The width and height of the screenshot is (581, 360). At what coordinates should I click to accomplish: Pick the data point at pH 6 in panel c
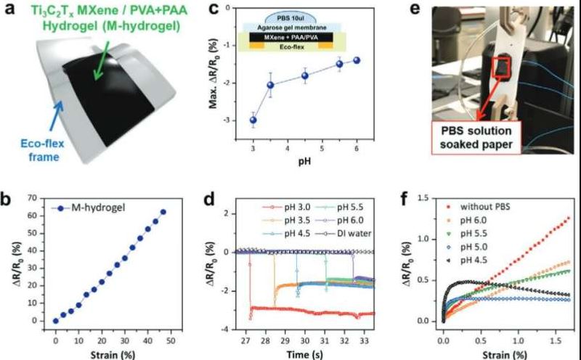pyautogui.click(x=357, y=60)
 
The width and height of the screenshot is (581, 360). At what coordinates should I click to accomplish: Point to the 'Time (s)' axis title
pyautogui.click(x=305, y=351)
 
